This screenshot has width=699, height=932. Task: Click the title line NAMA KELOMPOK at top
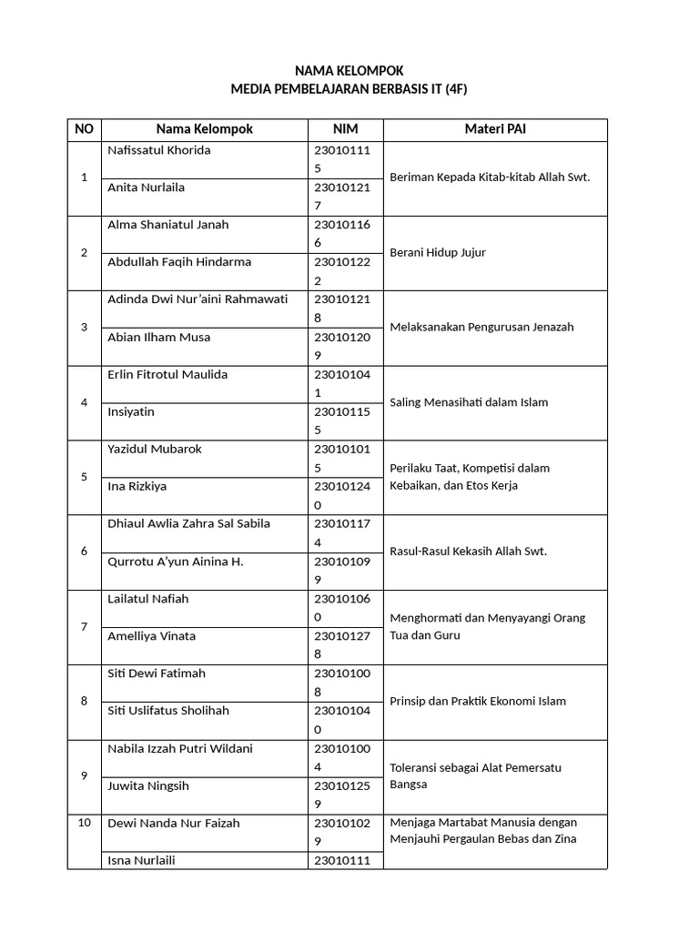[349, 71]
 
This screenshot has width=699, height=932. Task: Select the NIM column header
[345, 129]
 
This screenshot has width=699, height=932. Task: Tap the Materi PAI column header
[494, 129]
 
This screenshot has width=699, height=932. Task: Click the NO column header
[84, 129]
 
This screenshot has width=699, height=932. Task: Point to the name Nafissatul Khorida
[158, 150]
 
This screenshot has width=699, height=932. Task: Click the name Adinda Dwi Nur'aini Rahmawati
[197, 299]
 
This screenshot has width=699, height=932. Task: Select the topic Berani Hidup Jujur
[437, 253]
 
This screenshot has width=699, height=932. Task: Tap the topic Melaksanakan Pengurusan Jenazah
[481, 328]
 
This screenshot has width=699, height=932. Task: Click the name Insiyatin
[131, 412]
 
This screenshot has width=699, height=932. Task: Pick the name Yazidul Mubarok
[155, 450]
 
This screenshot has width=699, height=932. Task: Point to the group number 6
[84, 552]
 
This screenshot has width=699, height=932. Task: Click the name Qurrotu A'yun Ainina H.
[175, 562]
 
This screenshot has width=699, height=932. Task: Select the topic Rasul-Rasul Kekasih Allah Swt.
[468, 552]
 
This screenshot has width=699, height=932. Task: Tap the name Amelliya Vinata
[151, 636]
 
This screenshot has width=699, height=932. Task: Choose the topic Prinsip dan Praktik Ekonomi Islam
[478, 701]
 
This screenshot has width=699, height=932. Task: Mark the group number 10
[84, 823]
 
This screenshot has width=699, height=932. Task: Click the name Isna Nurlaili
[141, 860]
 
